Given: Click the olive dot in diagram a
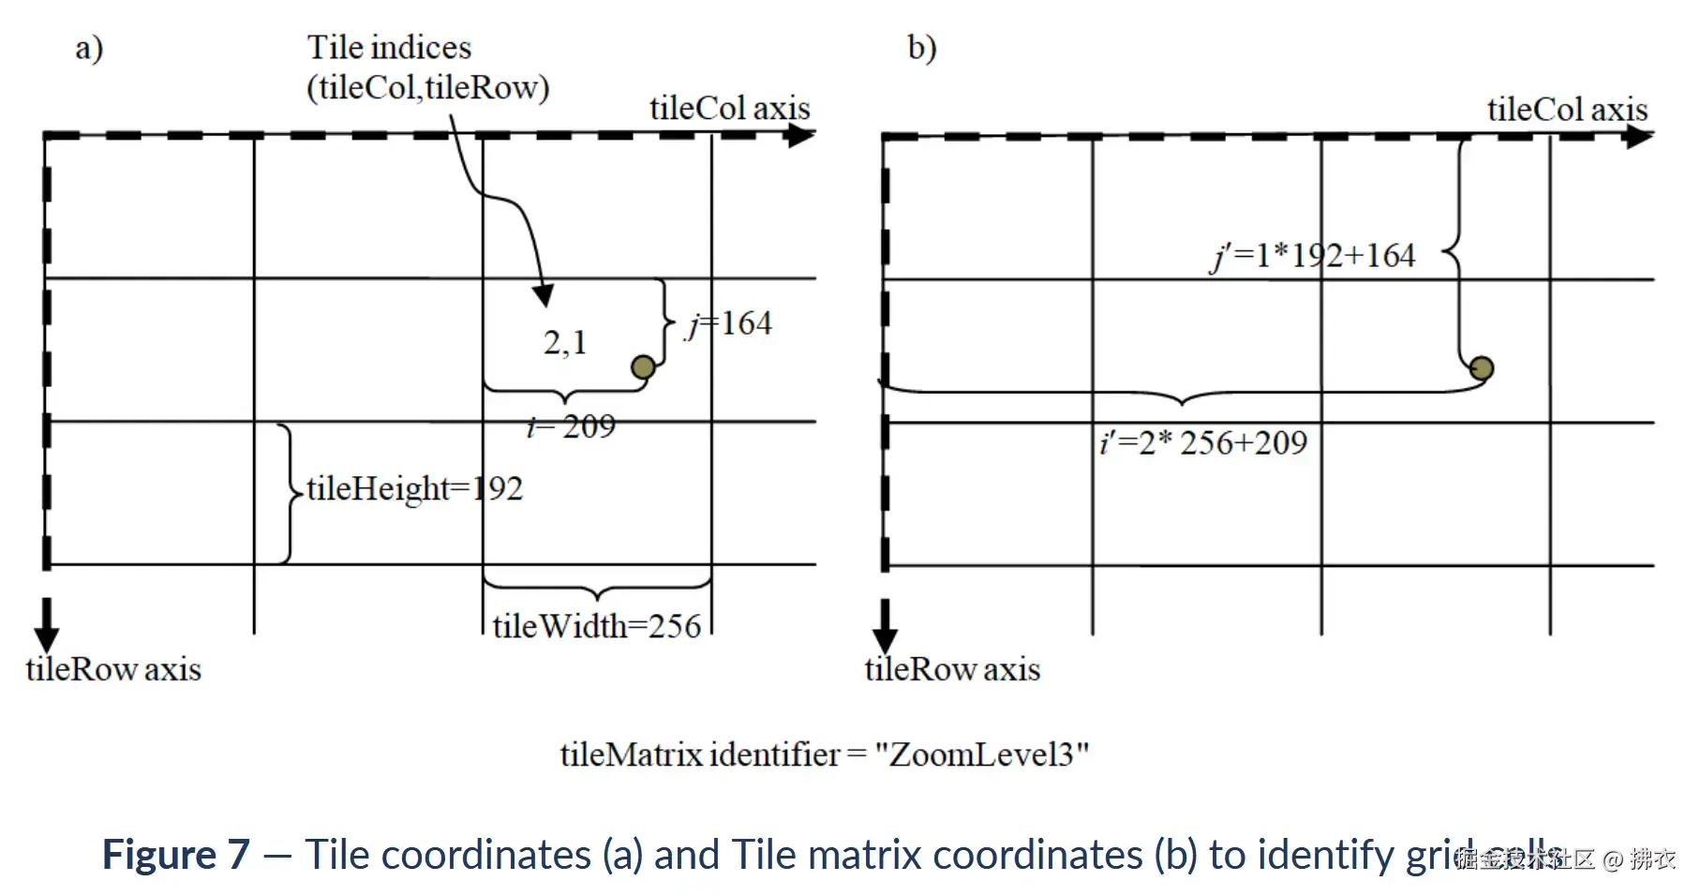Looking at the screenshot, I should (643, 366).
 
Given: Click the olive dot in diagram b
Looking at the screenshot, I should (1481, 368).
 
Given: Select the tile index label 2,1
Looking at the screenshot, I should (565, 342).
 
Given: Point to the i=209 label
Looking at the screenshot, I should (572, 426).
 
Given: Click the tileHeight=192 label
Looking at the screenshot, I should (414, 488).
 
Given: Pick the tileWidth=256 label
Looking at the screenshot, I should (597, 626).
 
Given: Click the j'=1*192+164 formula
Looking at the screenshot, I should (1314, 255).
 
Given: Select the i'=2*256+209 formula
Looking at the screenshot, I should (1204, 442).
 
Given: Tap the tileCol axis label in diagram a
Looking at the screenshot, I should (729, 109).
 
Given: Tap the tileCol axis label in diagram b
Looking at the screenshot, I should (1567, 110).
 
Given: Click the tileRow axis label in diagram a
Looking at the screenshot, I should (113, 669).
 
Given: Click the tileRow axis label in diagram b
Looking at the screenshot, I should (952, 669).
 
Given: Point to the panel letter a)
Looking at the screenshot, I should (89, 47).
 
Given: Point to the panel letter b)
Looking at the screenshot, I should (921, 47).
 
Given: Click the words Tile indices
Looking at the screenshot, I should (389, 47).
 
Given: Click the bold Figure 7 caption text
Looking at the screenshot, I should (176, 855).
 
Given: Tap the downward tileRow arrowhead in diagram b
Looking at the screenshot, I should (885, 639).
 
